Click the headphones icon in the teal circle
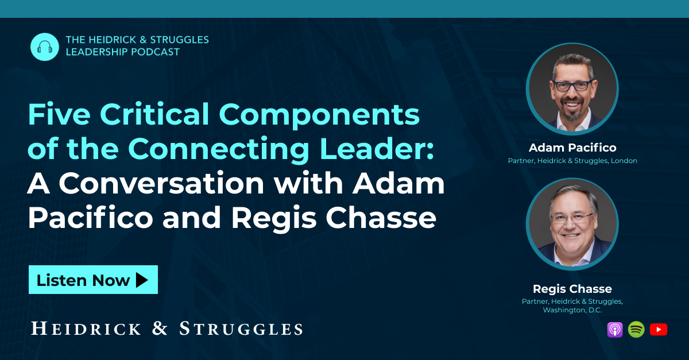pos(44,47)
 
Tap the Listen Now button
pos(93,280)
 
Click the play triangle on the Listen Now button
pos(142,280)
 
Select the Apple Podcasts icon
pos(615,330)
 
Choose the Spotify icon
pos(636,330)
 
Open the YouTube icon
pos(659,330)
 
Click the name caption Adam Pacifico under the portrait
pos(572,148)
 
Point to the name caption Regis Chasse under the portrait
pos(572,289)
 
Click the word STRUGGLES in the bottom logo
pos(241,328)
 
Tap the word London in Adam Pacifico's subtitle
pos(624,161)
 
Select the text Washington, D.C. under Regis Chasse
pos(572,310)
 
